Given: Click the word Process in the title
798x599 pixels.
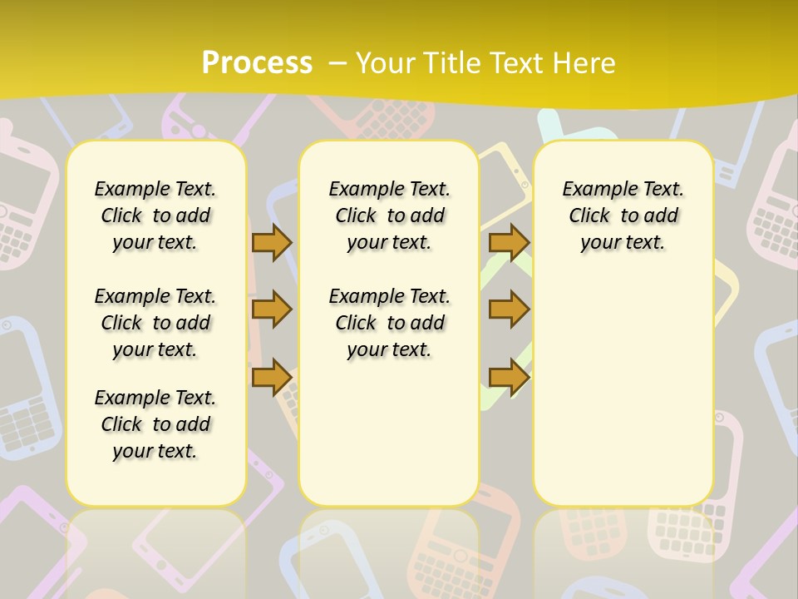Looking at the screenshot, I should (x=257, y=63).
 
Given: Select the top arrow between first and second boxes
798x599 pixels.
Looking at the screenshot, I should (x=271, y=242).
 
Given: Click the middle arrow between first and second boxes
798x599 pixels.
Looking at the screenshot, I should (x=271, y=309).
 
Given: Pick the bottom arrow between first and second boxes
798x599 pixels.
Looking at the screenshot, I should (x=271, y=378).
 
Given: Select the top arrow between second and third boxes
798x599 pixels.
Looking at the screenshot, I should (x=508, y=242).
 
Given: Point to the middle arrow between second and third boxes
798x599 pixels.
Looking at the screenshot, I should (x=508, y=309).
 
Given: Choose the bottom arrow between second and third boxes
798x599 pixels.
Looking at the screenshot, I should (x=508, y=378).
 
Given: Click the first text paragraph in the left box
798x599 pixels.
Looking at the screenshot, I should (x=155, y=215).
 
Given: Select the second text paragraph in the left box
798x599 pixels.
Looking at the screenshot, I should (x=155, y=323).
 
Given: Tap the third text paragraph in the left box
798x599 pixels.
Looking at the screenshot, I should (x=155, y=424).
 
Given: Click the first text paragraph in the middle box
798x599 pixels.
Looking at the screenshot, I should (x=389, y=215).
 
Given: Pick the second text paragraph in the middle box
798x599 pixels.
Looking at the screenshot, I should (x=389, y=323).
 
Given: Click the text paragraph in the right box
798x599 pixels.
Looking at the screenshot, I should (x=623, y=215).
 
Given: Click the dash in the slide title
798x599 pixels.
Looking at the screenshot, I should (x=338, y=63).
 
